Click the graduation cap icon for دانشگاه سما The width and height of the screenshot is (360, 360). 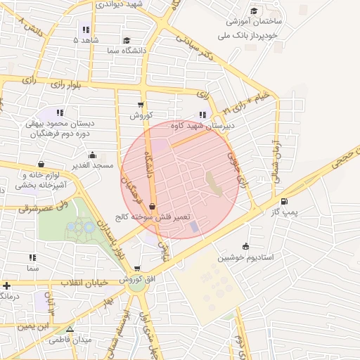point(126,41)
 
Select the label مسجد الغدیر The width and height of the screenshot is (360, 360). point(95,165)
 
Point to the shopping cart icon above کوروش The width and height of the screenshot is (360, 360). point(141,105)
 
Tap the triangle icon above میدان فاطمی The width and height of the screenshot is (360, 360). point(69,329)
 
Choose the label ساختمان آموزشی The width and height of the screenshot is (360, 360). point(272,22)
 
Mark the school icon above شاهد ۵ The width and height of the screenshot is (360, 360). point(85,30)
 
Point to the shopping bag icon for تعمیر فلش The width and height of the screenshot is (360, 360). point(153,207)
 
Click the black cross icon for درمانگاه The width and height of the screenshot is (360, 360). point(6,285)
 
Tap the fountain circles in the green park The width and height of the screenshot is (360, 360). point(82,227)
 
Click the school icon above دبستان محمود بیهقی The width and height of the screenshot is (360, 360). point(60,112)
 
